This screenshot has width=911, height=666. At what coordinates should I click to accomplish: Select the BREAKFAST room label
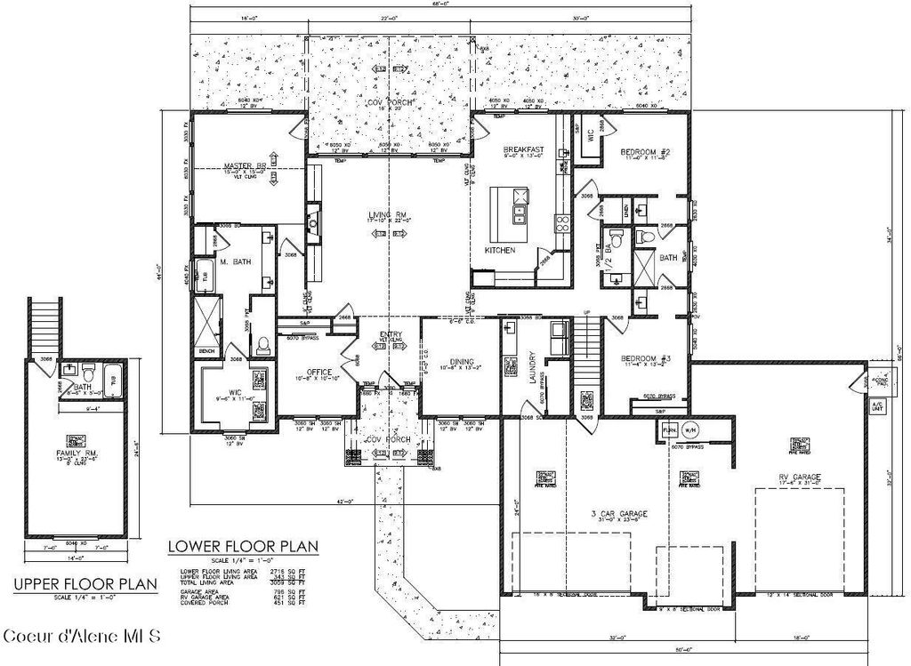tap(523, 148)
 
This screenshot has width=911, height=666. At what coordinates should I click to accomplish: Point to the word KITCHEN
tap(500, 251)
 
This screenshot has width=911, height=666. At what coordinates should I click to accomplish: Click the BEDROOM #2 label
tap(644, 152)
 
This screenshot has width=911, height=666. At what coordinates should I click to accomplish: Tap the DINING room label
tap(461, 362)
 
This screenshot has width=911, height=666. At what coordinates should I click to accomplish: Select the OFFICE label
tap(319, 372)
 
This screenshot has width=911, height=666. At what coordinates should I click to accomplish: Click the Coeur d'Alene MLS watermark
tap(82, 636)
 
